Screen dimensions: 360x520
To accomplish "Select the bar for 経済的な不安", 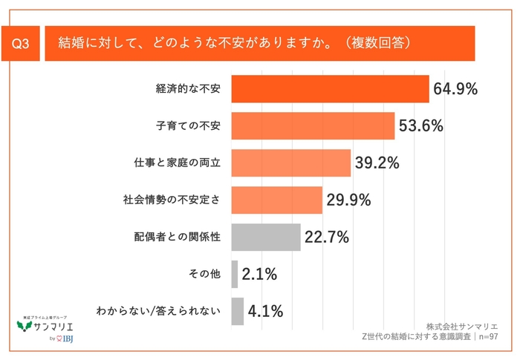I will tap(330, 89).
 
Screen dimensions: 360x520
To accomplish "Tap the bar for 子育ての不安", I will tap(313, 125).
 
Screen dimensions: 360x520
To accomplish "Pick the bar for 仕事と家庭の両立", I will tap(290, 163).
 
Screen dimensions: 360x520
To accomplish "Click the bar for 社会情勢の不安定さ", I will tap(276, 200).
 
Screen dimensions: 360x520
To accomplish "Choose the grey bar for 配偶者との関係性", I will tap(265, 237).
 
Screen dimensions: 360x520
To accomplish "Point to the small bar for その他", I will tap(235, 274).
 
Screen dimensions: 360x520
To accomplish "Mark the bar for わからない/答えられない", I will tap(238, 311).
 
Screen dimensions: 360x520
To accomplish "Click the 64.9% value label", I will tap(455, 90).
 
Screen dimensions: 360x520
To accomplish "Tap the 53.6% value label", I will tap(420, 126).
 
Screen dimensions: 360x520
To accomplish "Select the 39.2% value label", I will tap(377, 163).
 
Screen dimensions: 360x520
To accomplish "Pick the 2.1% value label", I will tap(259, 275).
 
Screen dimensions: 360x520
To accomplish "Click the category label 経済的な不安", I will tap(189, 89).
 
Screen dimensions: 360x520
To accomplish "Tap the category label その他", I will tap(206, 274).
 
